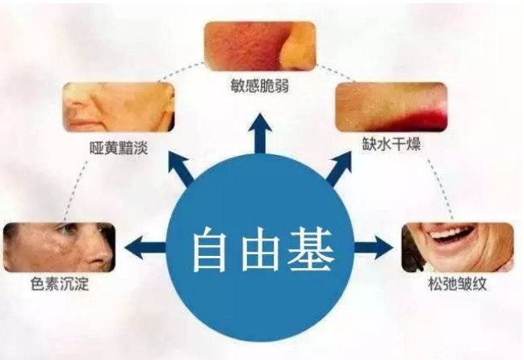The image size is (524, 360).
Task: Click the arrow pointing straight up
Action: (x=260, y=133)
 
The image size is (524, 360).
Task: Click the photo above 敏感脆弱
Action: (x=259, y=47)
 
